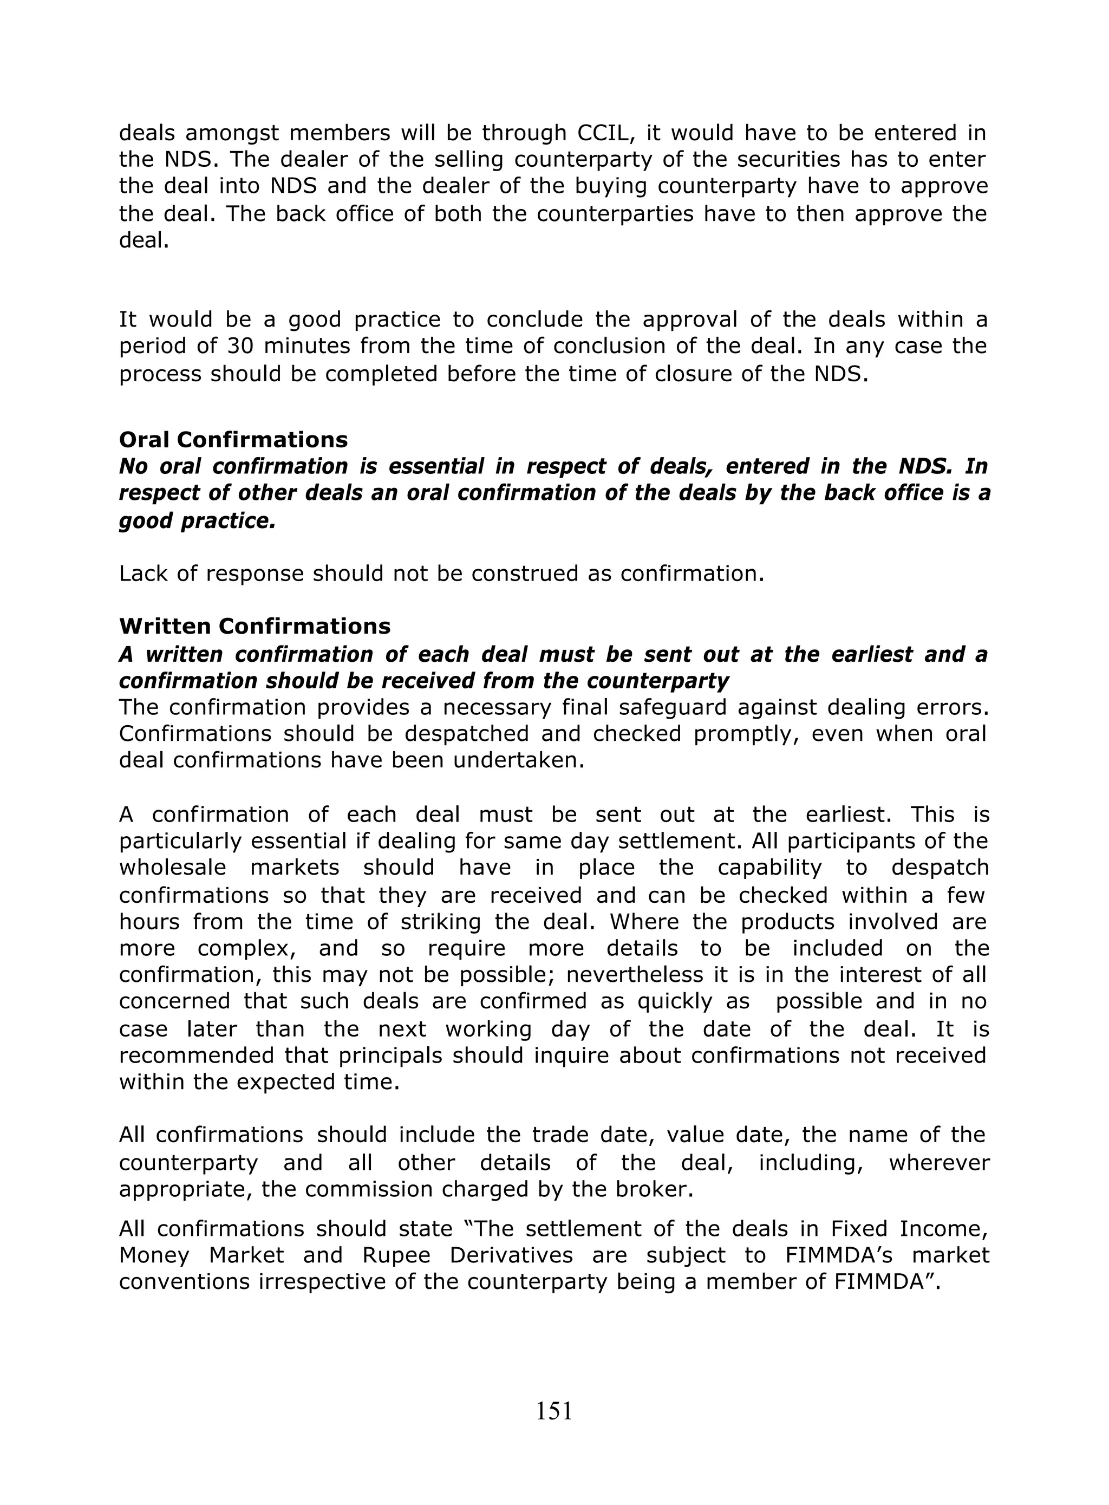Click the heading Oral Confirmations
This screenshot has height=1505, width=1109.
233,440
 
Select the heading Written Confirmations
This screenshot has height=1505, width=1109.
255,626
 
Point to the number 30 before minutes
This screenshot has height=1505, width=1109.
241,347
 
